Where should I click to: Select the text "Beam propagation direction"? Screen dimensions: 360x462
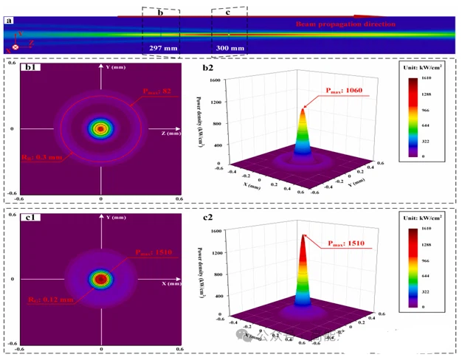(x=345, y=24)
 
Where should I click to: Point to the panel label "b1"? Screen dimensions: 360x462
(x=32, y=67)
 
